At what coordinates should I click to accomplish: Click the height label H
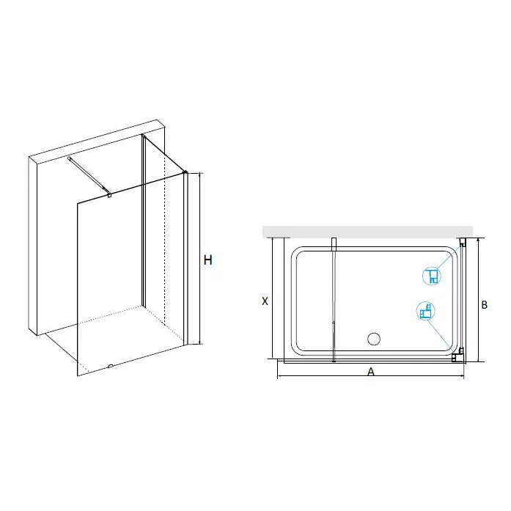207,260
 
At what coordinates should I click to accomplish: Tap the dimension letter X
265,301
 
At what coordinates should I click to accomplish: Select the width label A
371,372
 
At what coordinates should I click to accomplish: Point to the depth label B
484,306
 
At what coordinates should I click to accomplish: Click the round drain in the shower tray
373,339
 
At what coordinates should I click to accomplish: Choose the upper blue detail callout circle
431,276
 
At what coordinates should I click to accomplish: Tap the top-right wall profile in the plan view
463,243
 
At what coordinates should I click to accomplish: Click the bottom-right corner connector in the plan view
460,358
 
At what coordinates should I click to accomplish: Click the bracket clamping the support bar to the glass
109,194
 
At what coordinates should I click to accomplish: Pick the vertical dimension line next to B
478,301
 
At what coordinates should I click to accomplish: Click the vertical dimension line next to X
273,299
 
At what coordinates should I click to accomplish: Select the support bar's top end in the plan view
334,242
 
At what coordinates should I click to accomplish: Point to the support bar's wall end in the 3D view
69,158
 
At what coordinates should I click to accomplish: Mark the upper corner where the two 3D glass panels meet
185,173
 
